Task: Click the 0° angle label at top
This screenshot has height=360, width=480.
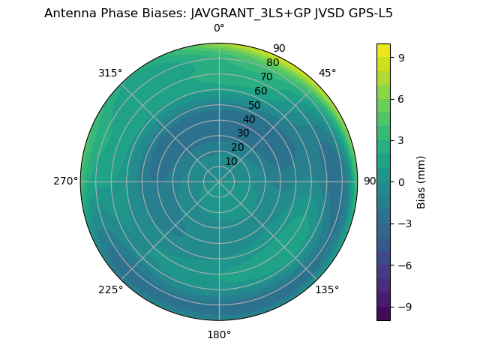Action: coord(219,28)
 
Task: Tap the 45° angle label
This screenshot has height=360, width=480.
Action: coord(327,73)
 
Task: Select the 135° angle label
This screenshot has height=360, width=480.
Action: coord(327,289)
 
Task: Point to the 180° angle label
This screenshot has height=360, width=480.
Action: coord(219,334)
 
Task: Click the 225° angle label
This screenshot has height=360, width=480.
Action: coord(110,289)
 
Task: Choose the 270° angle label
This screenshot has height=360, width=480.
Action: coord(65,181)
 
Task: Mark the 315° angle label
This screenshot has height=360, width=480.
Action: coord(110,73)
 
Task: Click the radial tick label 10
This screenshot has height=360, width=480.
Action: coord(231,161)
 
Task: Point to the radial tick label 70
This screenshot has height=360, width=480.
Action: coord(266,76)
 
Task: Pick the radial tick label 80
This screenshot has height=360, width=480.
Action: coord(272,63)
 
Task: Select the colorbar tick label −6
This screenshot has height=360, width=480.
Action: coord(403,265)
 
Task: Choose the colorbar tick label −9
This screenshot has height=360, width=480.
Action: coord(403,307)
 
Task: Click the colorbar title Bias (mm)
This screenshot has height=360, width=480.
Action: coord(421,181)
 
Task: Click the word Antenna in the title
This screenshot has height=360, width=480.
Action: coord(68,13)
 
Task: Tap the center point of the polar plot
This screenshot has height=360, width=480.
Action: coord(219,181)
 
